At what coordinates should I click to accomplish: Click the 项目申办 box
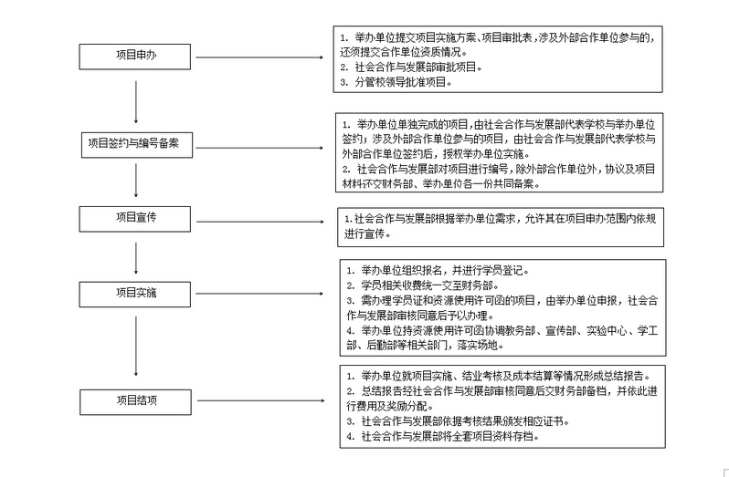point(136,57)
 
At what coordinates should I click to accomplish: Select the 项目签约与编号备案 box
point(136,142)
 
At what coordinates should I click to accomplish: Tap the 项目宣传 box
point(136,219)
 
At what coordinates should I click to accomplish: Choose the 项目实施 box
point(136,294)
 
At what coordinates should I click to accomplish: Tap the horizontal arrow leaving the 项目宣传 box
point(265,220)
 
